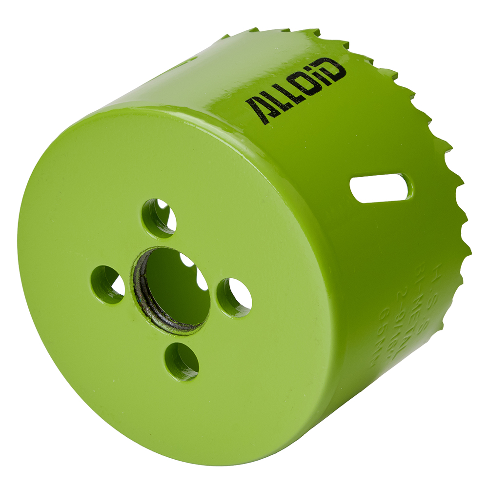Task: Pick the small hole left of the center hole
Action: tap(108, 285)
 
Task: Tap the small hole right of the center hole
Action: tap(235, 297)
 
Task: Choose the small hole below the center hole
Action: tap(182, 362)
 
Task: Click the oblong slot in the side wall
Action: tap(381, 188)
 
